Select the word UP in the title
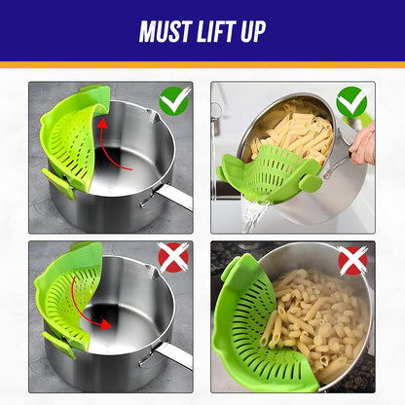point(250,31)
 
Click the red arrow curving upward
point(98,147)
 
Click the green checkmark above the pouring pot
point(352,101)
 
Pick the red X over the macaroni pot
point(352,260)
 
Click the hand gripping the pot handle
point(364,147)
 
